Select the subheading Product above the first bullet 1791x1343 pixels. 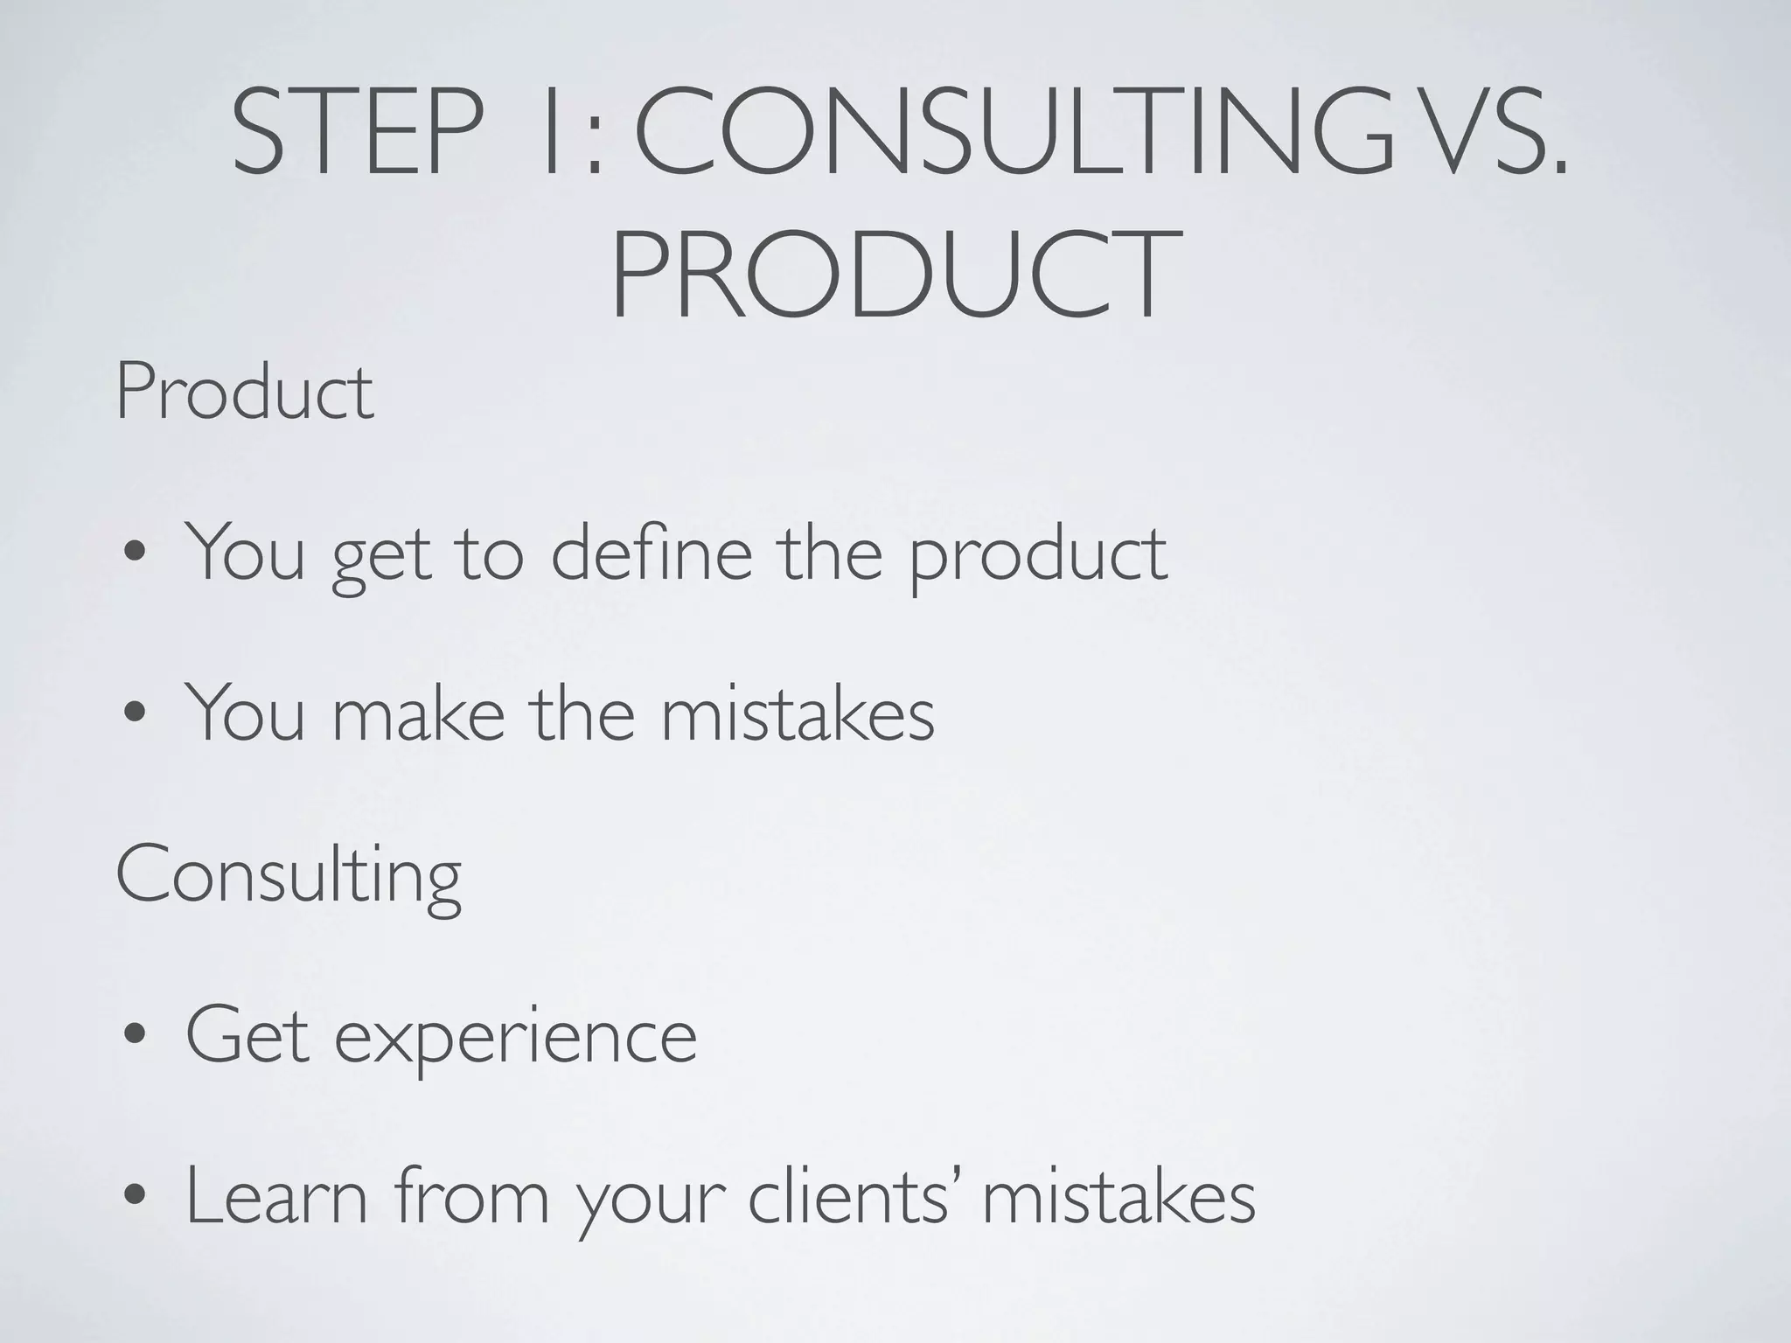pyautogui.click(x=245, y=393)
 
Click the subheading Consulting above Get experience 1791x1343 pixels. pyautogui.click(x=289, y=876)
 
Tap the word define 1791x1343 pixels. pyautogui.click(x=651, y=552)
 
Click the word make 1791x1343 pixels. pyautogui.click(x=419, y=713)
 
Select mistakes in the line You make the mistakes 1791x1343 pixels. pyautogui.click(x=797, y=713)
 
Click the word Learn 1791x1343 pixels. pyautogui.click(x=276, y=1198)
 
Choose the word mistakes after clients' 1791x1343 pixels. pyautogui.click(x=1119, y=1198)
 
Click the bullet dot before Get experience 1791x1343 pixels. pyautogui.click(x=136, y=1039)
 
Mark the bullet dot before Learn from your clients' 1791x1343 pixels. pyautogui.click(x=136, y=1200)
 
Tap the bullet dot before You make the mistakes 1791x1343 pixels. pyautogui.click(x=136, y=715)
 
